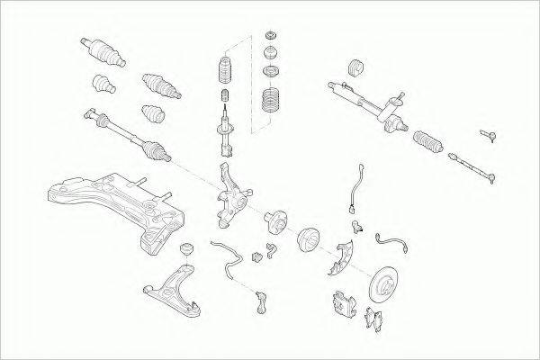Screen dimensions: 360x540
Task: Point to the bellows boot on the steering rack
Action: pos(428,144)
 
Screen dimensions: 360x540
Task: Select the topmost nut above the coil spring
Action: pos(268,37)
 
